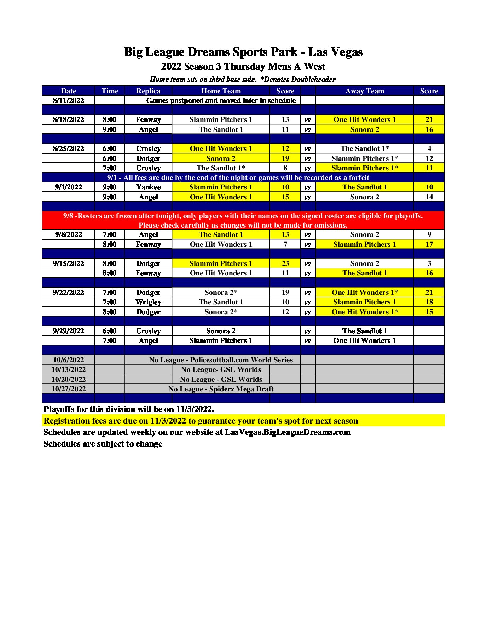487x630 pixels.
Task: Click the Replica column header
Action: [x=148, y=91]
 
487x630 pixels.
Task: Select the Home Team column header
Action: [x=221, y=91]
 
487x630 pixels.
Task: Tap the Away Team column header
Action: [x=365, y=91]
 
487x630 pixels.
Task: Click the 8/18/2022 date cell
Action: [x=68, y=119]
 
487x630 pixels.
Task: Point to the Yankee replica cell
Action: [x=148, y=187]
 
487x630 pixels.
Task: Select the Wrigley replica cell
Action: [x=148, y=302]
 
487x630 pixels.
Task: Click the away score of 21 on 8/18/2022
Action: [x=429, y=119]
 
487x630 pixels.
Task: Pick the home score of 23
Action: [x=285, y=263]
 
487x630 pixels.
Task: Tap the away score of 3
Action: [x=429, y=263]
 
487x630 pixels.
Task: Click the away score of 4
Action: [x=429, y=148]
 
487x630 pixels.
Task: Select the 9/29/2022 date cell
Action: [x=68, y=331]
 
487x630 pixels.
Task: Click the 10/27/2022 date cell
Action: [x=68, y=389]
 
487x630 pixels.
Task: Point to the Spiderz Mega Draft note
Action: [x=221, y=389]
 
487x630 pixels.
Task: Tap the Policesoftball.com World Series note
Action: [x=221, y=360]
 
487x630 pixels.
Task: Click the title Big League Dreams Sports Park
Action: [x=243, y=52]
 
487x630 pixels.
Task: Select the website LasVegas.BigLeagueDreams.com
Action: [x=287, y=432]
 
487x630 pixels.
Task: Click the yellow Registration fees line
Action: [x=201, y=421]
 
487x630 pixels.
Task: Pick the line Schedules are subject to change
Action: [x=103, y=444]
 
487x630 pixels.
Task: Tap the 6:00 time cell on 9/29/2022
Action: [x=109, y=331]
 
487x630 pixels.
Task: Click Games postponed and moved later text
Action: [x=221, y=100]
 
